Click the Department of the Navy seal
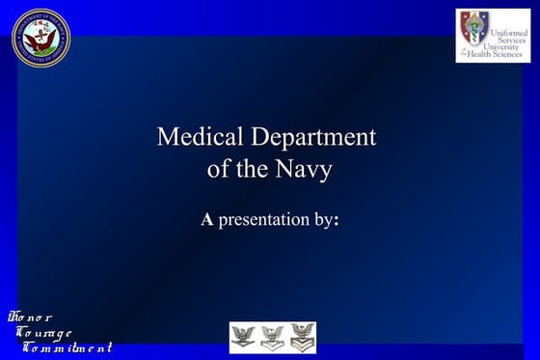coord(40,37)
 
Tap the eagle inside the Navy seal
coord(40,36)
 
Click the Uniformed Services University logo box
coord(493,36)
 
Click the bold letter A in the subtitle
coord(206,220)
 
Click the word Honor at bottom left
coord(31,318)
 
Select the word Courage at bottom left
coord(44,332)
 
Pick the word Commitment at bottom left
coord(67,346)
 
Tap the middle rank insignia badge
coord(273,338)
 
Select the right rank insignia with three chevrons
coord(303,338)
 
